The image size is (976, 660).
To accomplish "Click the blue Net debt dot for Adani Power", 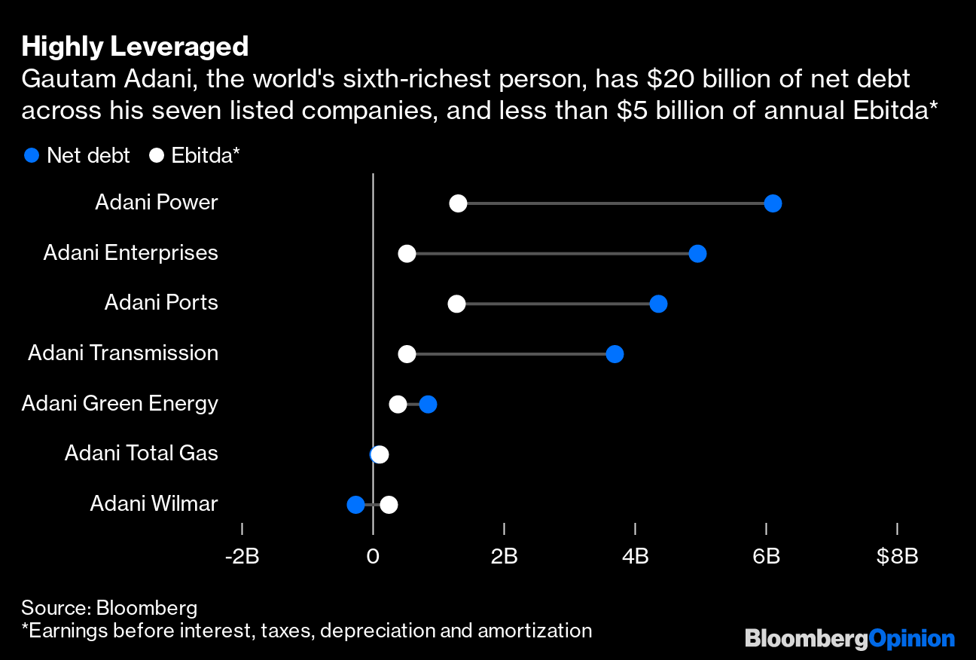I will coord(772,203).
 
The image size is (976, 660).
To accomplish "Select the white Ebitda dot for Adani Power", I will coord(458,203).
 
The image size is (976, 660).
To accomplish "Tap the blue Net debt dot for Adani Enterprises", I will coord(697,254).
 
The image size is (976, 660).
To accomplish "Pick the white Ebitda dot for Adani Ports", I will coord(456,304).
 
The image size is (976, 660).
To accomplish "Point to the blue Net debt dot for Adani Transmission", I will coord(615,354).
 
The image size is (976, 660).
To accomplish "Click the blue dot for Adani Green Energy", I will coord(428,405).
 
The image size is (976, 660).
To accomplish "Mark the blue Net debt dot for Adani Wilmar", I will coord(355,505).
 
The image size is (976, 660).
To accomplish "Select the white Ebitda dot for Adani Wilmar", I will coord(389,505).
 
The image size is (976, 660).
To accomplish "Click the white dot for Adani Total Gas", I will coord(380,454).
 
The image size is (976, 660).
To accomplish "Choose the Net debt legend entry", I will coord(77,156).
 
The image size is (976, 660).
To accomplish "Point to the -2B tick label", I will coord(242,557).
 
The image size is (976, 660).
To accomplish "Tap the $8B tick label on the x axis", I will coord(897,557).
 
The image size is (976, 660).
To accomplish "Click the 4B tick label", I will coord(635,557).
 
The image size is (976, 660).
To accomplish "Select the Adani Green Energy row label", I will coord(120,403).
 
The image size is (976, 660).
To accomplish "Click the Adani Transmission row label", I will coord(123,353).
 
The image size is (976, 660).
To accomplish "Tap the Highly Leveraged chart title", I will coord(135,47).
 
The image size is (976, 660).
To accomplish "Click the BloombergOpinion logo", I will coord(849,640).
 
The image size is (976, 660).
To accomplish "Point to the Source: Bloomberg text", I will coord(109,608).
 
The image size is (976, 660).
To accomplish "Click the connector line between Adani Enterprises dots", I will coord(552,254).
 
